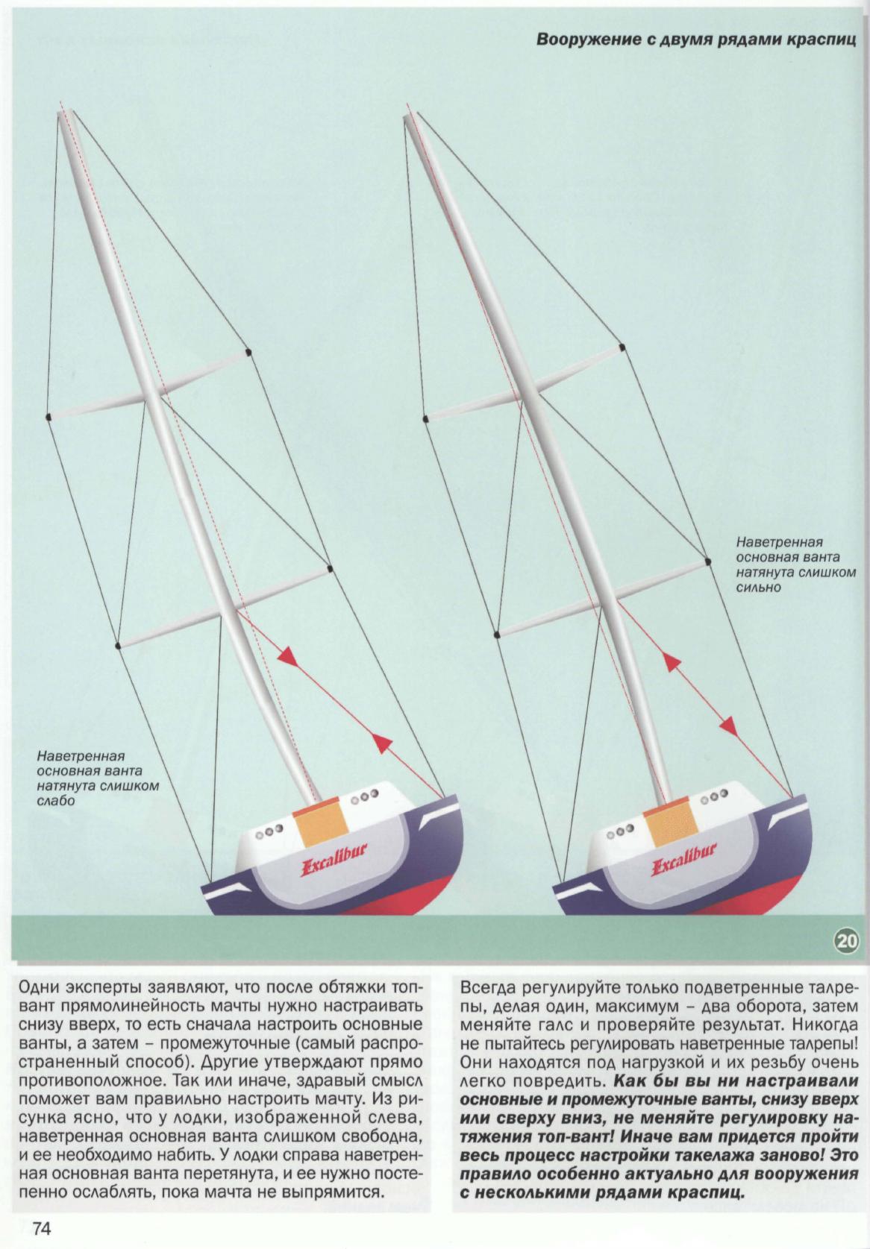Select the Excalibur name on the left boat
click(x=334, y=866)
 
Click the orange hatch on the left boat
click(x=319, y=829)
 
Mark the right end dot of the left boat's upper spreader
click(x=248, y=351)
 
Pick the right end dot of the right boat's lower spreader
click(x=707, y=560)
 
